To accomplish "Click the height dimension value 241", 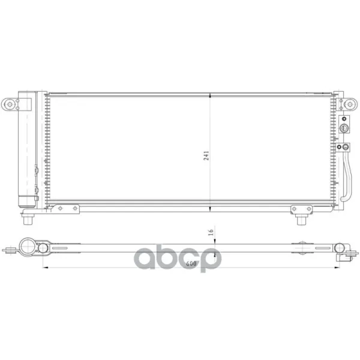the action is pyautogui.click(x=206, y=155).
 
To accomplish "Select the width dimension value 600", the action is pyautogui.click(x=191, y=263).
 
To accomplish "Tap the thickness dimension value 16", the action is pyautogui.click(x=211, y=232).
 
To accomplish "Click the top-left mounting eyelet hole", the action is pyautogui.click(x=10, y=104).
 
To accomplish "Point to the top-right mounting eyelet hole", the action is pyautogui.click(x=350, y=104).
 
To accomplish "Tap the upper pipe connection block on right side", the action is pyautogui.click(x=344, y=124).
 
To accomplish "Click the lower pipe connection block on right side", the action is pyautogui.click(x=343, y=147).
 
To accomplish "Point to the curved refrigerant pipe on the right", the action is pyautogui.click(x=349, y=177).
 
